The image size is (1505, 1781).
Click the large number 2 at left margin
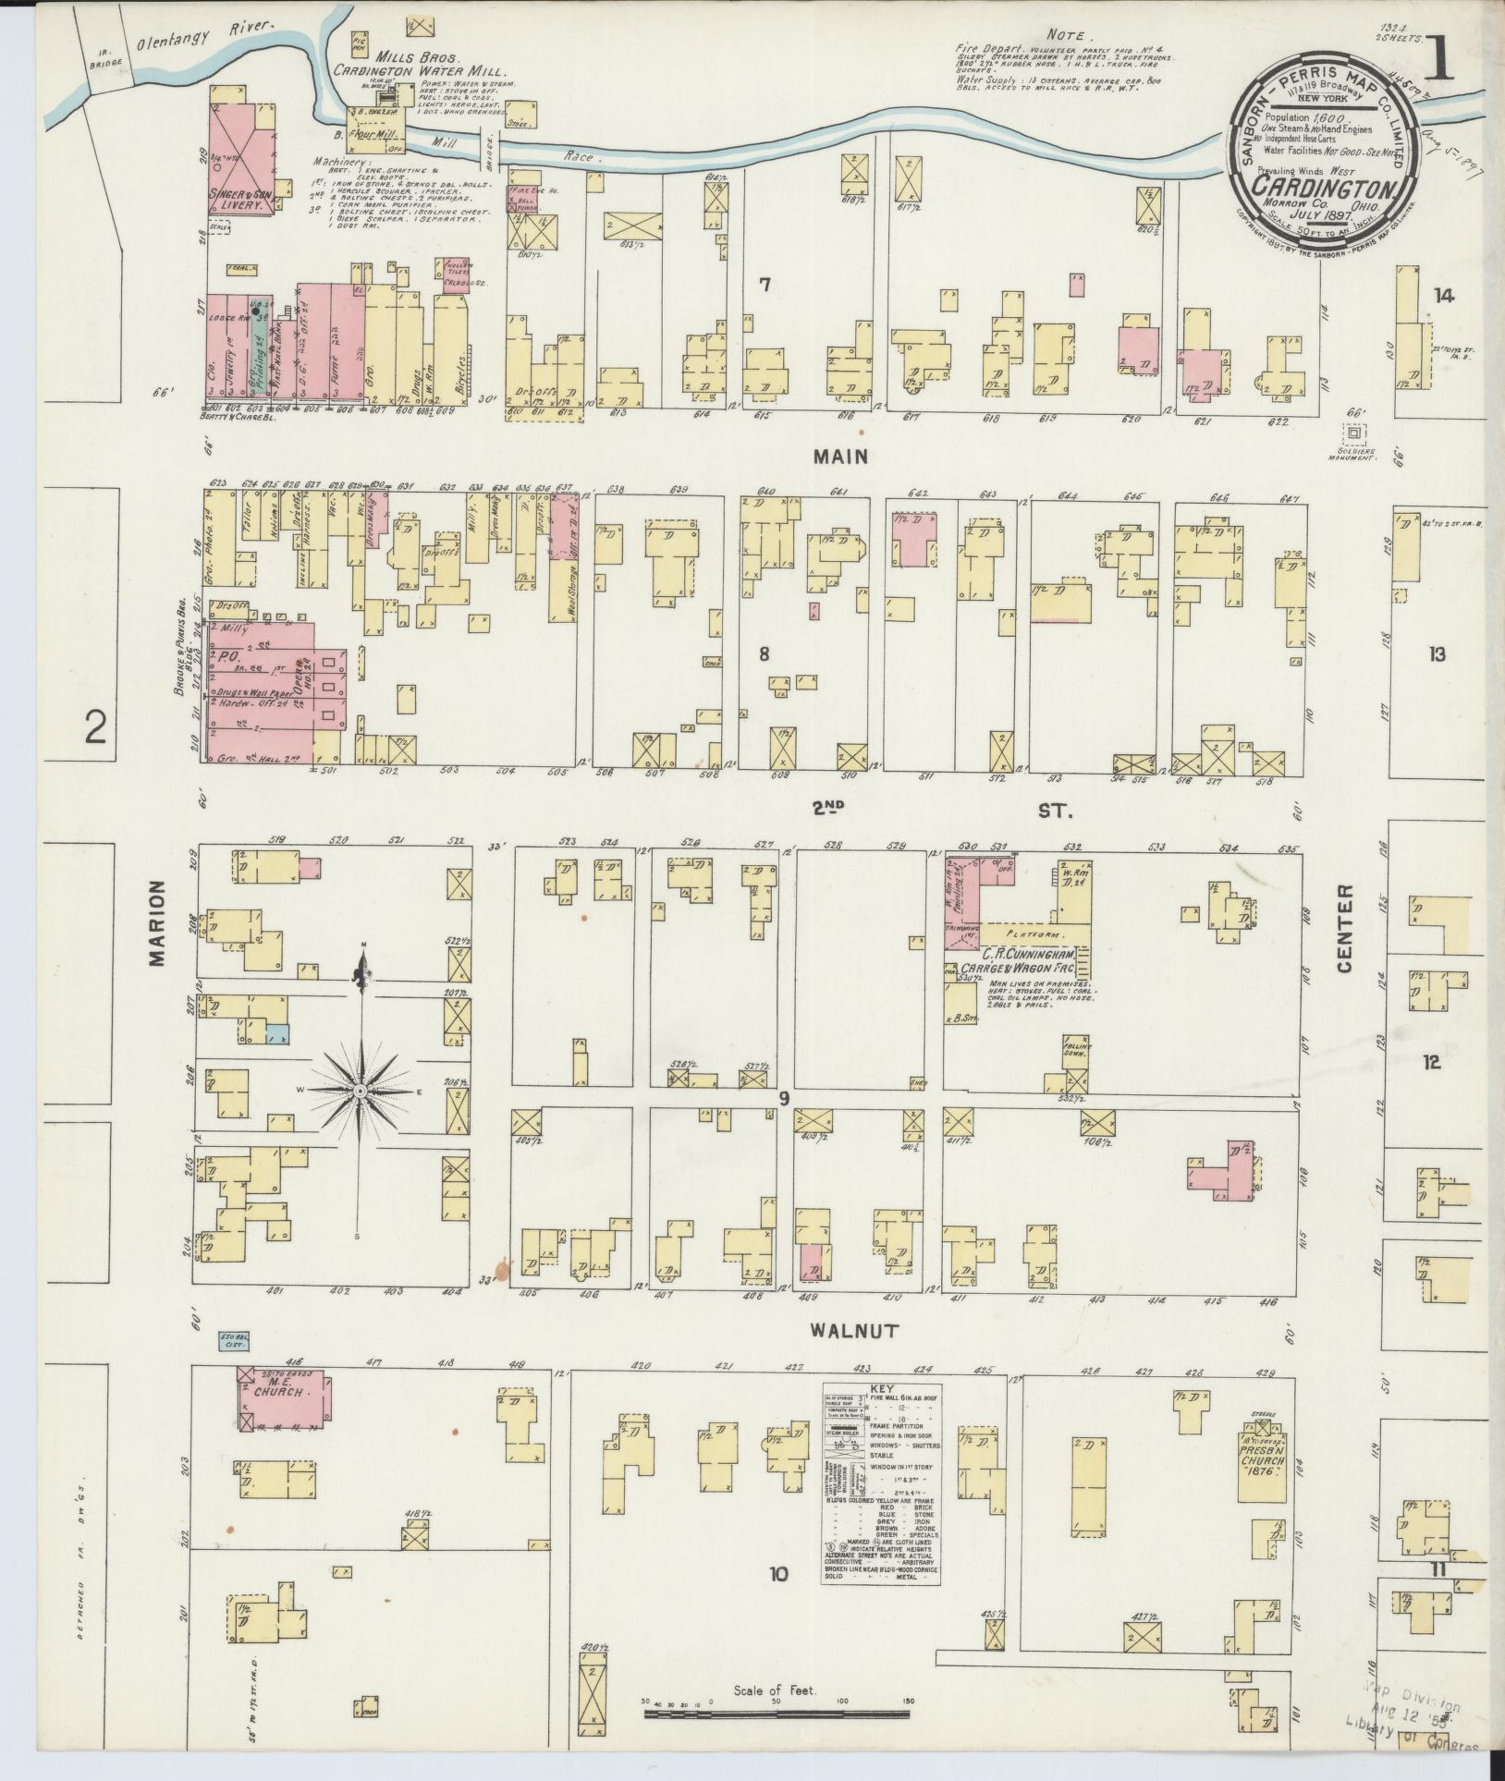pyautogui.click(x=95, y=730)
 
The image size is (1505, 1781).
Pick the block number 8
pyautogui.click(x=764, y=654)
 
